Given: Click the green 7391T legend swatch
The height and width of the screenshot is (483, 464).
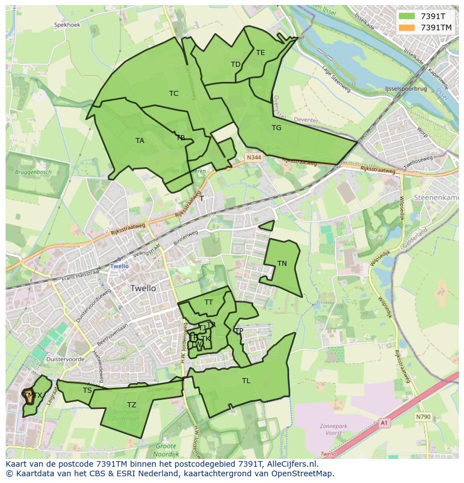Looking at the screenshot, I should [x=407, y=16].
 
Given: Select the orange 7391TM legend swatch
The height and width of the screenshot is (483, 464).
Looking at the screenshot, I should [x=407, y=27].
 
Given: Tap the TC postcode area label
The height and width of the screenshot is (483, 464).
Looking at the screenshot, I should [x=174, y=94].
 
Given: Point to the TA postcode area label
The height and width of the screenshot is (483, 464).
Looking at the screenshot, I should [x=140, y=141].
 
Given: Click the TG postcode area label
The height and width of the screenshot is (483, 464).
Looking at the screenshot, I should [x=276, y=128].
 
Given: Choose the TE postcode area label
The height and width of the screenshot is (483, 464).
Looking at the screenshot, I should [x=260, y=53].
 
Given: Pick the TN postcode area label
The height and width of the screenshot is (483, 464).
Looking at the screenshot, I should [x=282, y=264].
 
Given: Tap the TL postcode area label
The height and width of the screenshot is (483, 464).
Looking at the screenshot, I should [x=246, y=381].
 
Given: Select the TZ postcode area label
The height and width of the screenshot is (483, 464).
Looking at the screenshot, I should [x=131, y=405].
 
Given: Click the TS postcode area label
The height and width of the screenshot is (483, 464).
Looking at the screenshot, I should [x=87, y=390].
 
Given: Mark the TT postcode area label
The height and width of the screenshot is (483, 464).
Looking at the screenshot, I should [x=208, y=302].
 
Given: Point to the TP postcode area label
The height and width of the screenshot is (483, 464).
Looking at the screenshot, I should [x=239, y=331].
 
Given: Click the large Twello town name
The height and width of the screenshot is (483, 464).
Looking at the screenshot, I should [x=143, y=288].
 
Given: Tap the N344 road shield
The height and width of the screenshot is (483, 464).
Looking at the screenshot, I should [x=253, y=159].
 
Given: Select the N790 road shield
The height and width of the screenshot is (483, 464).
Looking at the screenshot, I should [x=423, y=417].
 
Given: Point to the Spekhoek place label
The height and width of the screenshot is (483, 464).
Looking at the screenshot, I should [x=67, y=25].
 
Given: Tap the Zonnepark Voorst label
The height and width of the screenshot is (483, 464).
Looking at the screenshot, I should [x=334, y=429].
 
